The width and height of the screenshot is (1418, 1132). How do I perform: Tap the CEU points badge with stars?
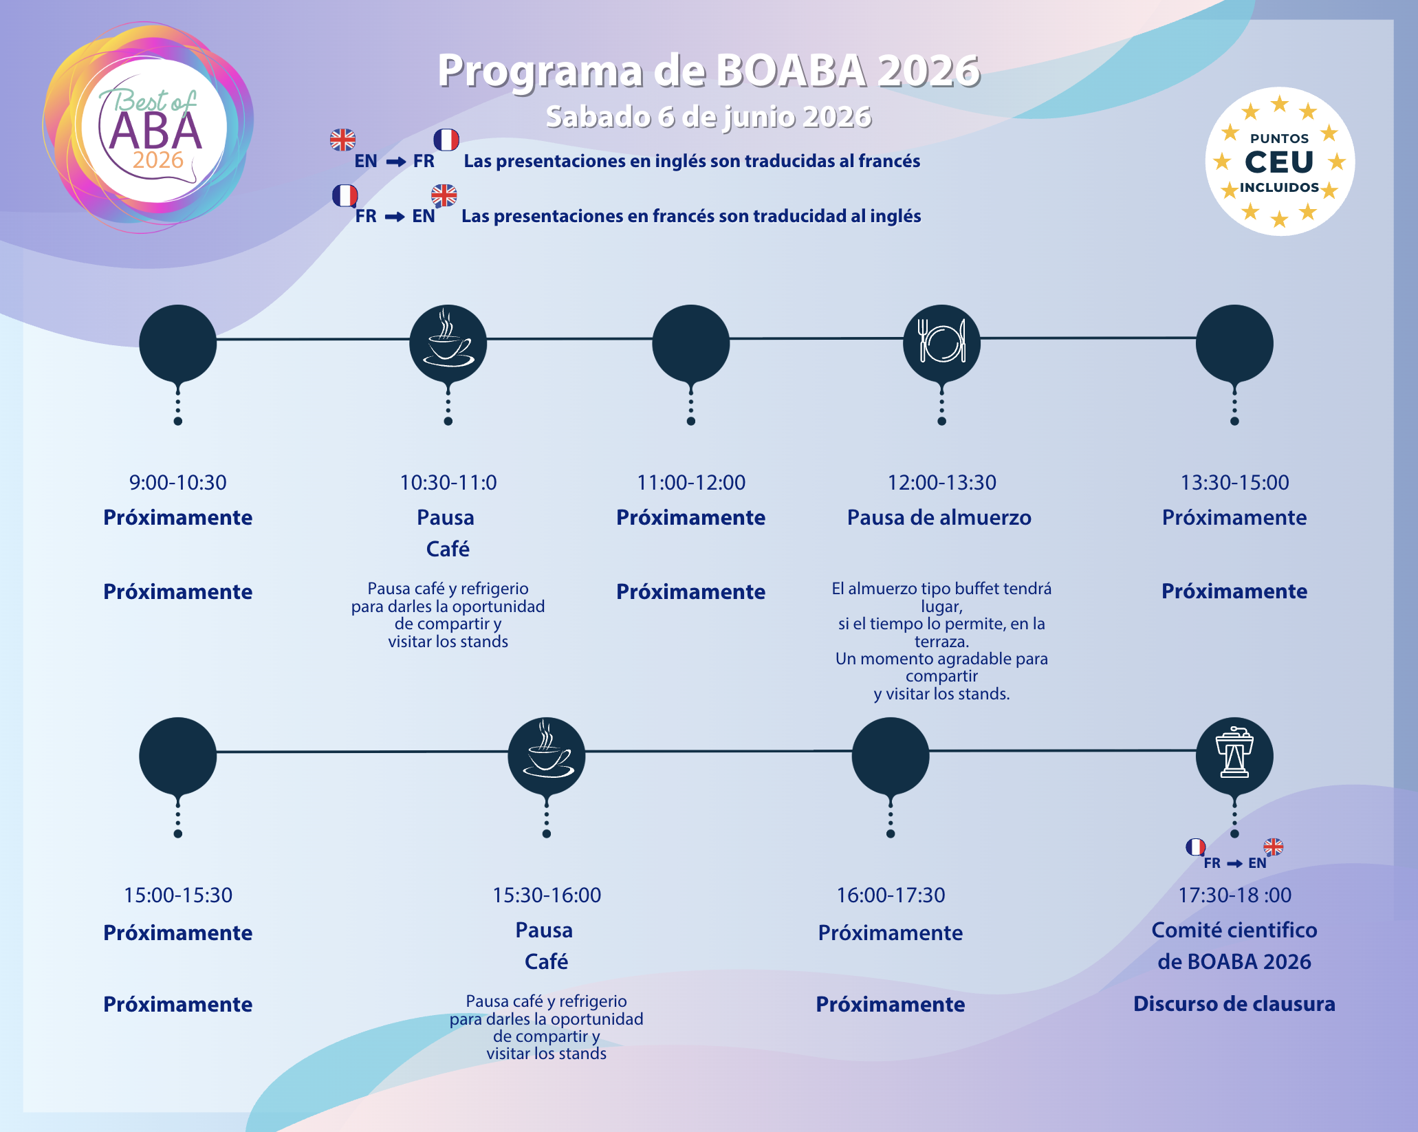tap(1279, 162)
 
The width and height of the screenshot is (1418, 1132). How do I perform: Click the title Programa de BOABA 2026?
tap(708, 70)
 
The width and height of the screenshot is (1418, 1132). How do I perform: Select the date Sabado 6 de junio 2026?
tap(708, 117)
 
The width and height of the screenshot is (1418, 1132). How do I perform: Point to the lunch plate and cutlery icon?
tap(941, 342)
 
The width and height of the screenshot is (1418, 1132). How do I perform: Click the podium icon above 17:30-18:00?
tap(1234, 755)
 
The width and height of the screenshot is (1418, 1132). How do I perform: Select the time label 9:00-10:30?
tap(177, 483)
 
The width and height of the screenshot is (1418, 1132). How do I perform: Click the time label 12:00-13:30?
tap(941, 483)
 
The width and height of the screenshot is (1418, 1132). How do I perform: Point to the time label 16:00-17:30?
tap(891, 895)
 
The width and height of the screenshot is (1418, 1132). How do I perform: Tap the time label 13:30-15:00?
tap(1234, 483)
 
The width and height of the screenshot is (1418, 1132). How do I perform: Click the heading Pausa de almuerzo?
tap(939, 518)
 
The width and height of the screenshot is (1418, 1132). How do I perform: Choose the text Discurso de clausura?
tap(1234, 1004)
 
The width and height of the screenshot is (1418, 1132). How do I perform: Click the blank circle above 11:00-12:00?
tap(690, 342)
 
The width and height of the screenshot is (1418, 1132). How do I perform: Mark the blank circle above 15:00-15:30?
tap(177, 755)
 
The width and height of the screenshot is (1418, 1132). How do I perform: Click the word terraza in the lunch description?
tap(941, 642)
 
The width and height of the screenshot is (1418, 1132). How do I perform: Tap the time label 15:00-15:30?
tap(177, 895)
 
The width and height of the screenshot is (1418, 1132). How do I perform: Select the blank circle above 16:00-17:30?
tap(891, 755)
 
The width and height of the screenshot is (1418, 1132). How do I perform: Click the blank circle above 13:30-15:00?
tap(1234, 342)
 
